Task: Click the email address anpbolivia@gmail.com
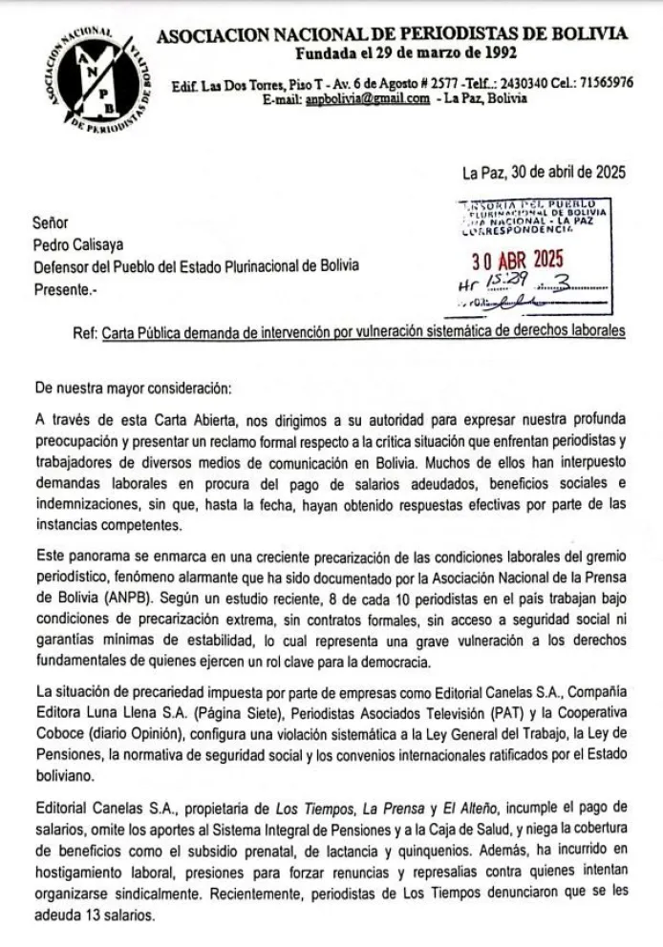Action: (366, 99)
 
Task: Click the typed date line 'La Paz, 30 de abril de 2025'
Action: (543, 173)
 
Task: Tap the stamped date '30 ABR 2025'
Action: (519, 260)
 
